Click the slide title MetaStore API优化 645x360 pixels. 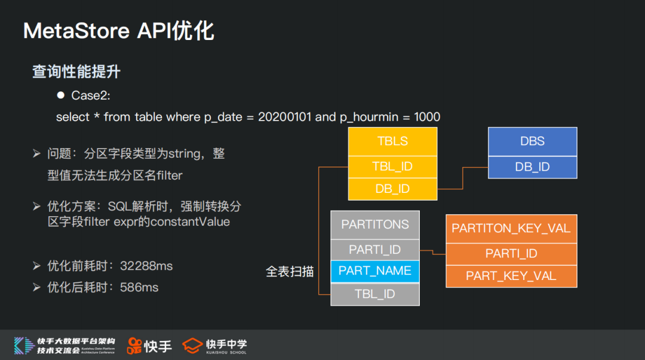pyautogui.click(x=118, y=31)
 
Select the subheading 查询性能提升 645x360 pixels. pyautogui.click(x=76, y=72)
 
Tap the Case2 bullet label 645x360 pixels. pyautogui.click(x=91, y=96)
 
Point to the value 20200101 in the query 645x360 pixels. pyautogui.click(x=285, y=117)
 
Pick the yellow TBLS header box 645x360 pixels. pyautogui.click(x=392, y=141)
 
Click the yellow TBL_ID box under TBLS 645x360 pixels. pyautogui.click(x=392, y=167)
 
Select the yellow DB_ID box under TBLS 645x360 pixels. pyautogui.click(x=392, y=189)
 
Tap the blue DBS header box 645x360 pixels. pyautogui.click(x=532, y=141)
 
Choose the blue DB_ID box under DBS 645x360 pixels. pyautogui.click(x=532, y=167)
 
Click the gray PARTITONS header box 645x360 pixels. pyautogui.click(x=375, y=225)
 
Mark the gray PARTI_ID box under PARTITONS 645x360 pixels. pyautogui.click(x=375, y=250)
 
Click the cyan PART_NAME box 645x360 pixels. pyautogui.click(x=375, y=271)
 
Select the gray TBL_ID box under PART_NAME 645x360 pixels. pyautogui.click(x=375, y=294)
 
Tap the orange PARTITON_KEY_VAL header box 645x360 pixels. pyautogui.click(x=511, y=229)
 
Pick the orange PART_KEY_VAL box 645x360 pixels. pyautogui.click(x=511, y=276)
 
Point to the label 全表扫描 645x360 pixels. pyautogui.click(x=290, y=272)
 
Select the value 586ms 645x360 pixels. pyautogui.click(x=139, y=287)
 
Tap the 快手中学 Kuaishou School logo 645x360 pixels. pyautogui.click(x=214, y=346)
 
